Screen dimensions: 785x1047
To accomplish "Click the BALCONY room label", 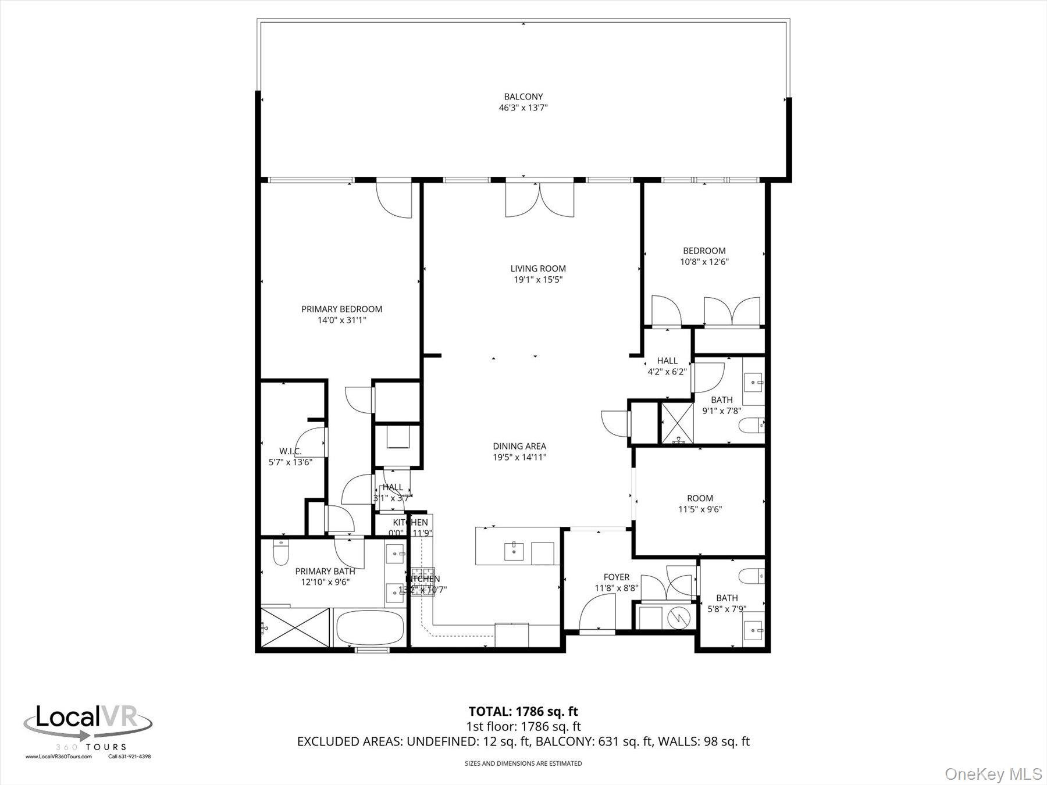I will coord(523,97).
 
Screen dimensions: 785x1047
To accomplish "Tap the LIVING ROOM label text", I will coord(538,269).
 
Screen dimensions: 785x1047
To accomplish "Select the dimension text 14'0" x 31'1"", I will coord(341,320).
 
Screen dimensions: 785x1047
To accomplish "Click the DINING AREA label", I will coord(519,447).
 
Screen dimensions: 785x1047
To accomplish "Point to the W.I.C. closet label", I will coord(290,451).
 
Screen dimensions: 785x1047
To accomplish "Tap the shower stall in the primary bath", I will coord(295,627).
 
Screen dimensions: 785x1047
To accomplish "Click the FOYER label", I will coord(616,577).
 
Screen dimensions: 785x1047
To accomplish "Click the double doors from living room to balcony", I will coord(540,200).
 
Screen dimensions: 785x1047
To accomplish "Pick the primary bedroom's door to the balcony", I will coord(394,199).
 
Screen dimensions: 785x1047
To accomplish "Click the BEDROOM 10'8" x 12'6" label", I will coord(704,251).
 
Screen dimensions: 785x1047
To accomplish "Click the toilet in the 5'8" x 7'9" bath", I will coord(751,576).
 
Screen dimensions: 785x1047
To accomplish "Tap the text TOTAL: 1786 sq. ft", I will coord(523,711).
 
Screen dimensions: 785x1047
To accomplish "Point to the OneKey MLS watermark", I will coord(993,774).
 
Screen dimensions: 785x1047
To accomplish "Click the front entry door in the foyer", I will coord(597,616).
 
